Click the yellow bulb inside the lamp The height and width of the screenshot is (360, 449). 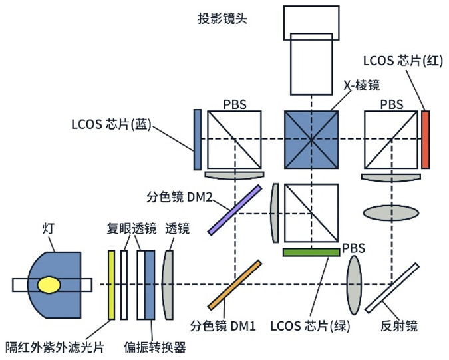click(47, 285)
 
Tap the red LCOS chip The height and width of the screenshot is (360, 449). click(426, 140)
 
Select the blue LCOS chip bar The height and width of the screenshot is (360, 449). click(198, 140)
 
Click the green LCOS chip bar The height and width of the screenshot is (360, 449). click(310, 252)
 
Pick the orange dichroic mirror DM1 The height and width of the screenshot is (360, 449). click(233, 285)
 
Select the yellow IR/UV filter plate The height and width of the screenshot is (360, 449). click(112, 284)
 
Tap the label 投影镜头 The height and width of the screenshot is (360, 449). click(222, 18)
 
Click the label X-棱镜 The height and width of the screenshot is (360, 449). click(361, 85)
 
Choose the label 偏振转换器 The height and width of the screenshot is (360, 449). click(155, 346)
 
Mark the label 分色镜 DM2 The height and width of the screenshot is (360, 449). click(180, 198)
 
